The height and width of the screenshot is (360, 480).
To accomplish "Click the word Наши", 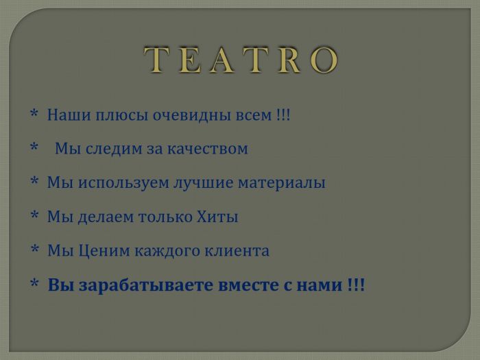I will [64, 115].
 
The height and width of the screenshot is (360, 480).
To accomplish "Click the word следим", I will [112, 148].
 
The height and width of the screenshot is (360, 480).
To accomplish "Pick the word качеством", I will [207, 148].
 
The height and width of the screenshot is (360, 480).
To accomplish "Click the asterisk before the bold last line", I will [34, 284].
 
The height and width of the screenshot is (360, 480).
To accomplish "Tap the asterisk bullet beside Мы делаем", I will [34, 216].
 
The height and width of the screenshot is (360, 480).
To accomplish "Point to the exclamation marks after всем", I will [283, 115].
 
